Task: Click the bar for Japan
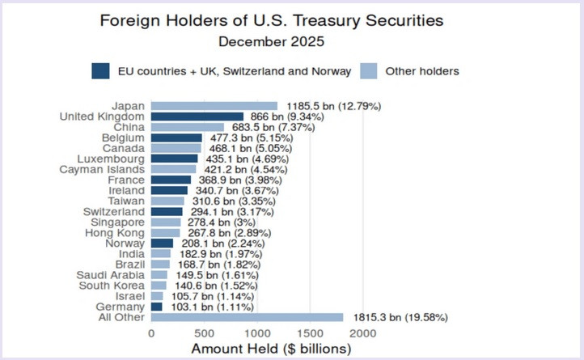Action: (x=214, y=106)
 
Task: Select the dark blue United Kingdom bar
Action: (x=197, y=116)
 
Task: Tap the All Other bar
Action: (x=247, y=317)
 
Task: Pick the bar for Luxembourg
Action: (x=174, y=159)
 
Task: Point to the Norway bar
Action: (x=162, y=243)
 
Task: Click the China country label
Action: (x=129, y=127)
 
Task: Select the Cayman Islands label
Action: (x=103, y=169)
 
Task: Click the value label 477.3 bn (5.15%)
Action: (x=250, y=138)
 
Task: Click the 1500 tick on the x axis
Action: (x=310, y=332)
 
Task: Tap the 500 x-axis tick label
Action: (x=204, y=332)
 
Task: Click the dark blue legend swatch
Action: (x=101, y=71)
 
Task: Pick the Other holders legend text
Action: (x=422, y=71)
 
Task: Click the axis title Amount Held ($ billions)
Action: (x=271, y=349)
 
